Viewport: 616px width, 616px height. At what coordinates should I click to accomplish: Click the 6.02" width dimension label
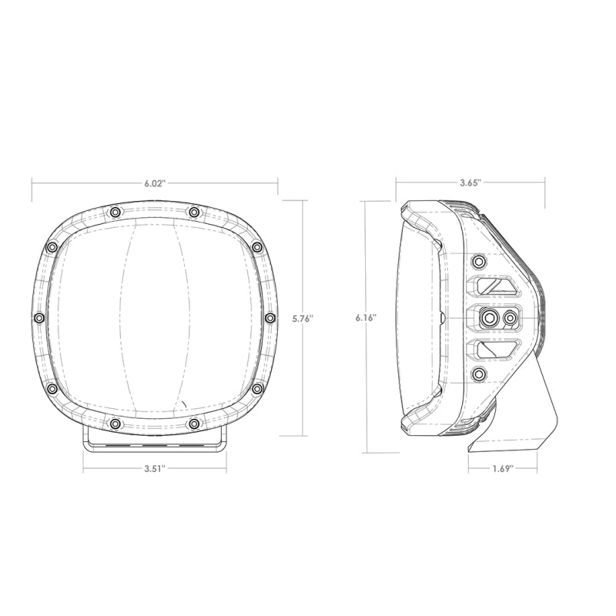point(154,183)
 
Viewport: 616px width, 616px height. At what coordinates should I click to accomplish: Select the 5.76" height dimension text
point(303,317)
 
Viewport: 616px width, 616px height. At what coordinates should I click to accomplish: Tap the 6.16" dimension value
point(366,317)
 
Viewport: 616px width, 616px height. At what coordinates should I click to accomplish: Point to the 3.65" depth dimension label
point(470,183)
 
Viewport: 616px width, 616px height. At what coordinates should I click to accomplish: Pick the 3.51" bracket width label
point(154,467)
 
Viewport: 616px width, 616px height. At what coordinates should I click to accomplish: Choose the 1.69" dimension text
point(502,467)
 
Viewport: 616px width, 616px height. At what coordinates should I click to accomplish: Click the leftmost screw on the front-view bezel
point(38,317)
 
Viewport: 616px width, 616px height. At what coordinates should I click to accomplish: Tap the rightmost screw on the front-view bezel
point(269,317)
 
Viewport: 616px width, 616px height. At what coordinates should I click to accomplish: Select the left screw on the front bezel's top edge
point(115,212)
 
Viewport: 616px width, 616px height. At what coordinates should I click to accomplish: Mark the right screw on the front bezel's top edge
point(193,212)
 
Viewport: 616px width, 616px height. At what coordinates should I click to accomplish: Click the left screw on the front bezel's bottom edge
point(115,423)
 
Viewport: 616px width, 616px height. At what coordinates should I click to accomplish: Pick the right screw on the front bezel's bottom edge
point(193,423)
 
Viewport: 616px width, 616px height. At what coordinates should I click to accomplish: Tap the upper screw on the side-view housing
point(479,259)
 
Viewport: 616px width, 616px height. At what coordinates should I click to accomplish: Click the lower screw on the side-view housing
point(479,374)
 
